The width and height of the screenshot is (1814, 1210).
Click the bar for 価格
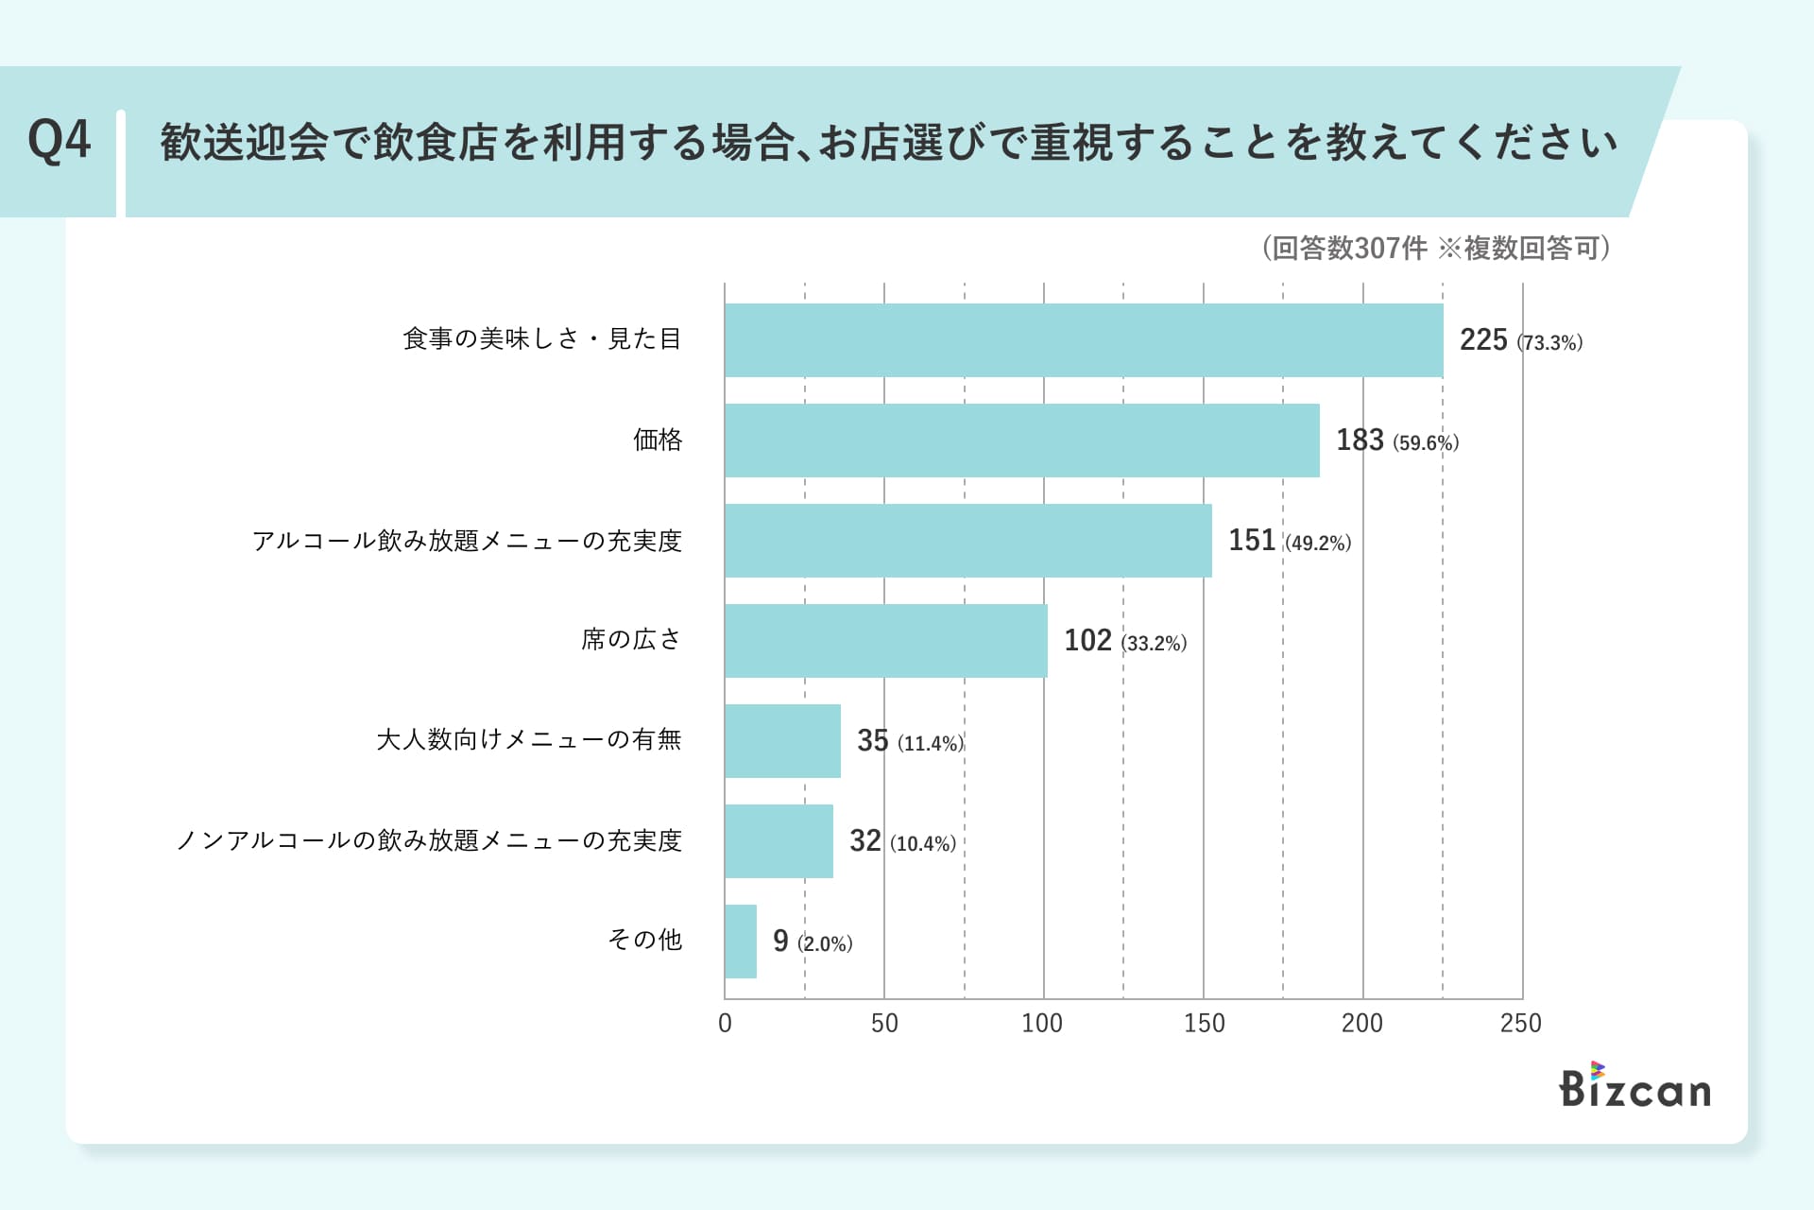pyautogui.click(x=1021, y=441)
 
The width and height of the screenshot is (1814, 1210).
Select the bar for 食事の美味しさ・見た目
pyautogui.click(x=1084, y=340)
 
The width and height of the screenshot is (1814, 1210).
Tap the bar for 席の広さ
pyautogui.click(x=885, y=641)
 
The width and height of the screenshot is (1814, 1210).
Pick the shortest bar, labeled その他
pyautogui.click(x=741, y=942)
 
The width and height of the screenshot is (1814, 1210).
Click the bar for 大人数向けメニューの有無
pyautogui.click(x=782, y=741)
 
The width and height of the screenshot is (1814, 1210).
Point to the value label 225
pyautogui.click(x=1482, y=340)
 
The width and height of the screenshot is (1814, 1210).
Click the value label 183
pyautogui.click(x=1359, y=441)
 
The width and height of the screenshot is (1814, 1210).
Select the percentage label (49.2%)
pyautogui.click(x=1318, y=543)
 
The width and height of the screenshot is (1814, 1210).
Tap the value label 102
pyautogui.click(x=1087, y=641)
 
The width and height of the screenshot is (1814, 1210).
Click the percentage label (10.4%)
pyautogui.click(x=923, y=843)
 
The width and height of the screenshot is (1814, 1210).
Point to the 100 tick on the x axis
pyautogui.click(x=1042, y=1023)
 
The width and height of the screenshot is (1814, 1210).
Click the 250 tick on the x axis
pyautogui.click(x=1520, y=1023)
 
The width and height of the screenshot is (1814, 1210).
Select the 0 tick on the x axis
pyautogui.click(x=725, y=1023)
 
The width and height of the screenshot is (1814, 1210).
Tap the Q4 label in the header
pyautogui.click(x=59, y=142)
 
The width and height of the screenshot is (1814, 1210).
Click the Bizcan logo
pyautogui.click(x=1634, y=1087)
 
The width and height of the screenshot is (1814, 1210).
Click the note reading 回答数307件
pyautogui.click(x=1349, y=248)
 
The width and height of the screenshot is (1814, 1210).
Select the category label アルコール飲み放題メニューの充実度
pyautogui.click(x=467, y=541)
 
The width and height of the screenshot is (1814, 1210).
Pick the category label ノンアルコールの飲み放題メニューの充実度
pyautogui.click(x=429, y=840)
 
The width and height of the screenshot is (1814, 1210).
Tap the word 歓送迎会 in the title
pyautogui.click(x=244, y=143)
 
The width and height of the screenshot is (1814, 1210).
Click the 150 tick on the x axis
pyautogui.click(x=1204, y=1023)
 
